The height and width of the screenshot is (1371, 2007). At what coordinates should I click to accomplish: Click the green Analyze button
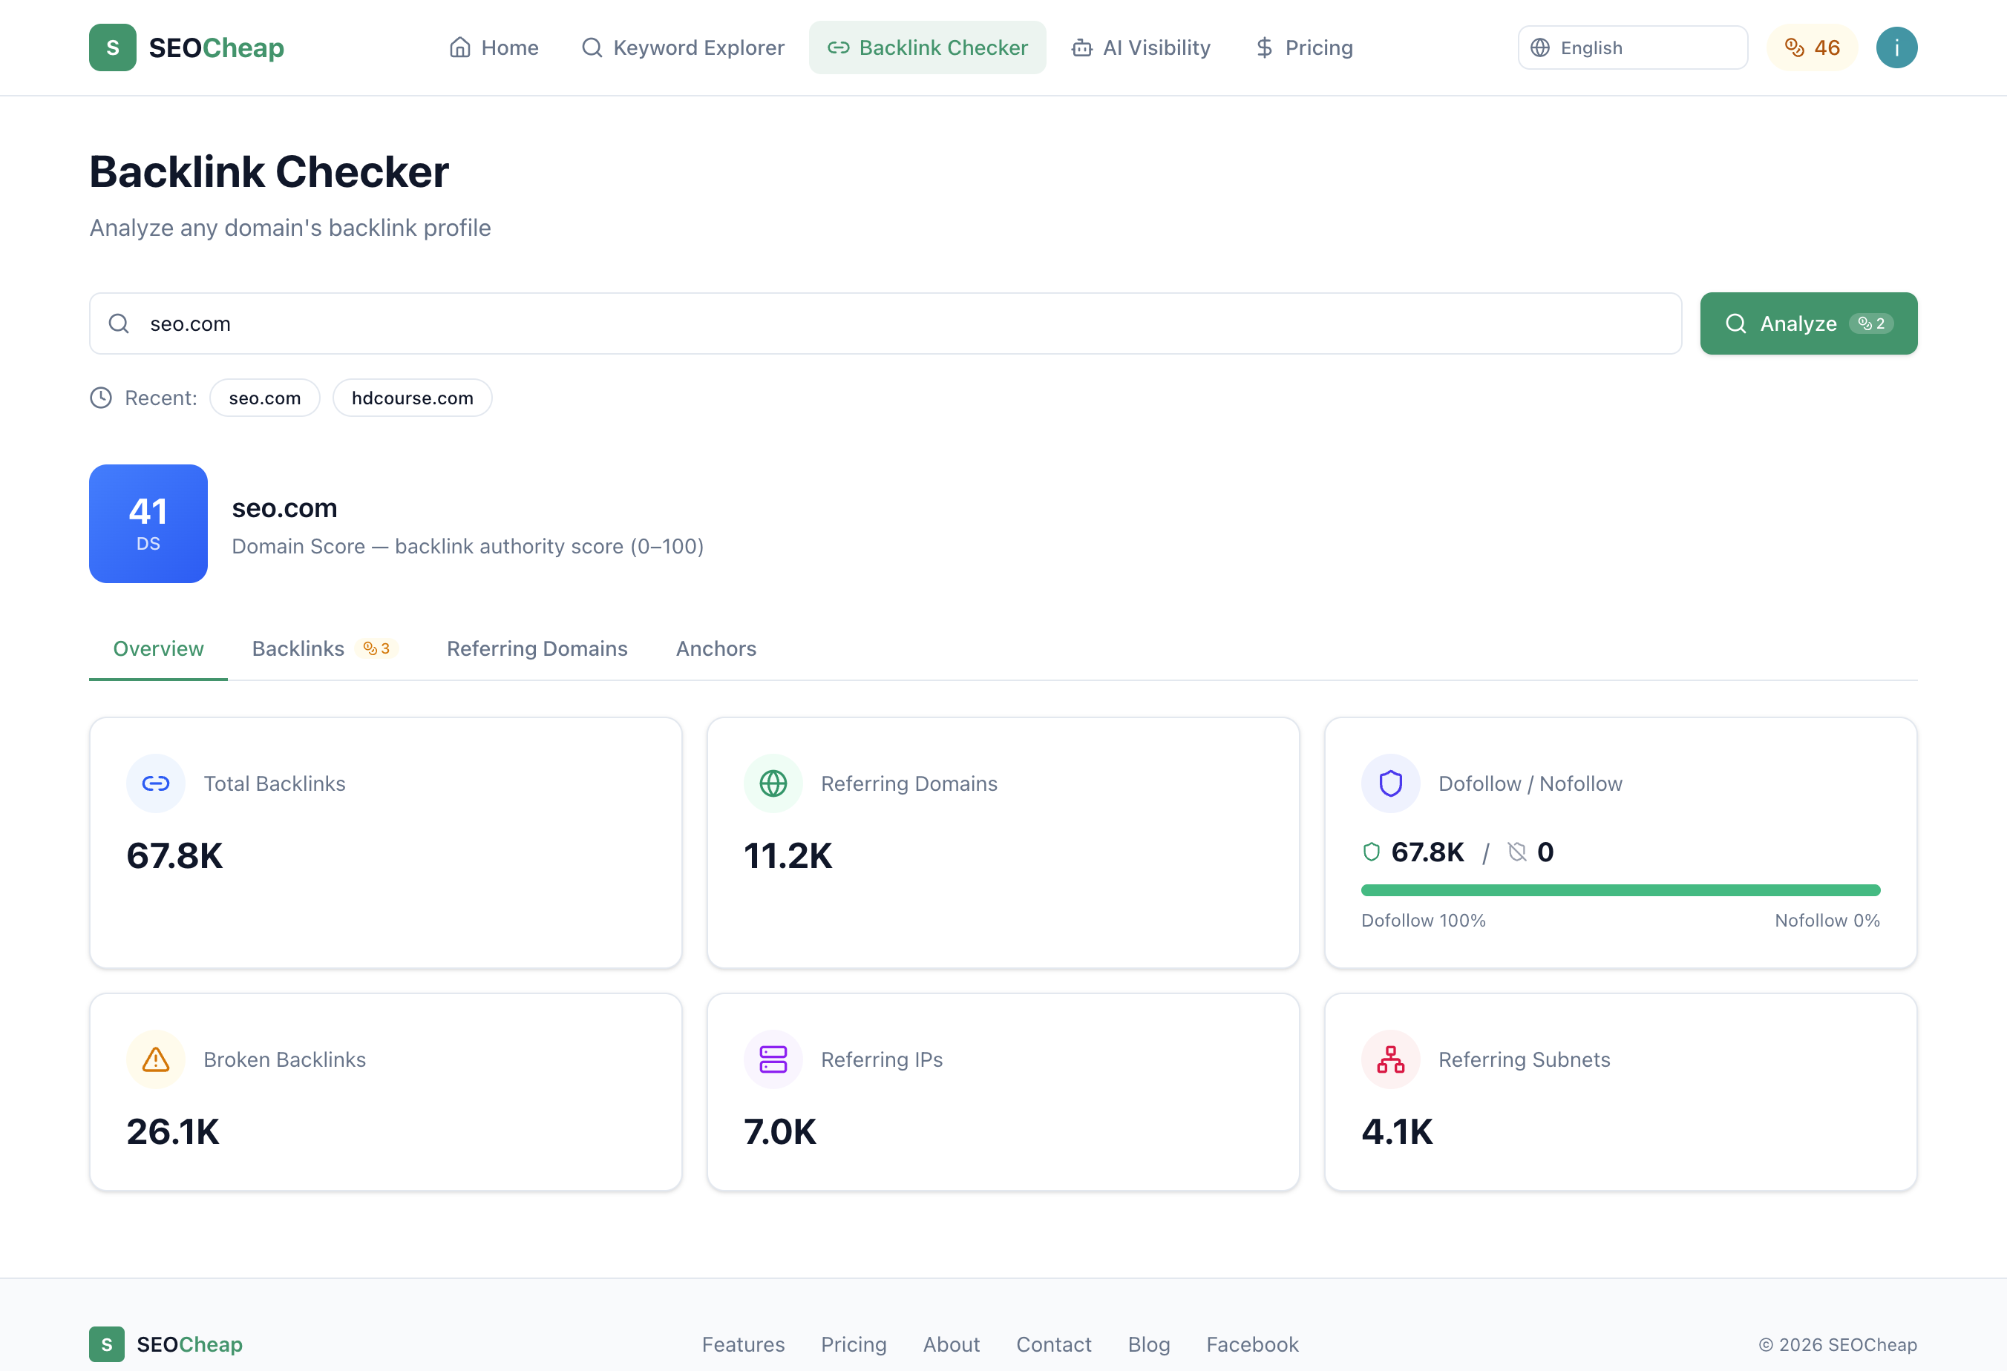(x=1807, y=323)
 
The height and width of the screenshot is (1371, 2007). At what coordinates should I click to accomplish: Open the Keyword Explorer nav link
(x=683, y=47)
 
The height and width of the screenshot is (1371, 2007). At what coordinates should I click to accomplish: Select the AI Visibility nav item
(x=1141, y=47)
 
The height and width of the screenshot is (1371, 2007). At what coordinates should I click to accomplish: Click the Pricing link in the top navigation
(x=1304, y=47)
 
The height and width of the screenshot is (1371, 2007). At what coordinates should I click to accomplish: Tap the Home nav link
(x=494, y=47)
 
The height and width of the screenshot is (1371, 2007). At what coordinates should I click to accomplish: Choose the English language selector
(x=1632, y=47)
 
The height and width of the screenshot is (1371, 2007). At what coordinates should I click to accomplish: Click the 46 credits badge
(x=1812, y=47)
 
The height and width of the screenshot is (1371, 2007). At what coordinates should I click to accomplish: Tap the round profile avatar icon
(x=1896, y=47)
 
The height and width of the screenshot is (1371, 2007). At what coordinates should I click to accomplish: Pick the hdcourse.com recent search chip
(x=412, y=398)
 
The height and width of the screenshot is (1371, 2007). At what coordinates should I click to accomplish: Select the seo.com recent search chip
(x=264, y=398)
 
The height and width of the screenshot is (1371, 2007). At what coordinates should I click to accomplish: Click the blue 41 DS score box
(x=148, y=523)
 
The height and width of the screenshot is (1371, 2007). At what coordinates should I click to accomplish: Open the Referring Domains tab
(x=537, y=648)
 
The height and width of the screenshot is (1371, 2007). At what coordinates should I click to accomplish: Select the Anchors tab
(x=716, y=648)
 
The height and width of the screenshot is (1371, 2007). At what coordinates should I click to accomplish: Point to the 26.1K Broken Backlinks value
(x=173, y=1131)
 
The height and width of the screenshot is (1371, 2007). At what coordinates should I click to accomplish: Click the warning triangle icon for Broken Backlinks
(x=155, y=1059)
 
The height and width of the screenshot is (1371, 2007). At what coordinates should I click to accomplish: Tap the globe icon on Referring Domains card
(x=773, y=783)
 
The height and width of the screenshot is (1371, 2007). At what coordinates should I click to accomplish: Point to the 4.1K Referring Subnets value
(x=1396, y=1131)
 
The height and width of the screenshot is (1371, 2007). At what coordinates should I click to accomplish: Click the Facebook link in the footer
(x=1252, y=1344)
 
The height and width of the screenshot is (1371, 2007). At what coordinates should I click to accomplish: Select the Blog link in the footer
(x=1148, y=1344)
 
